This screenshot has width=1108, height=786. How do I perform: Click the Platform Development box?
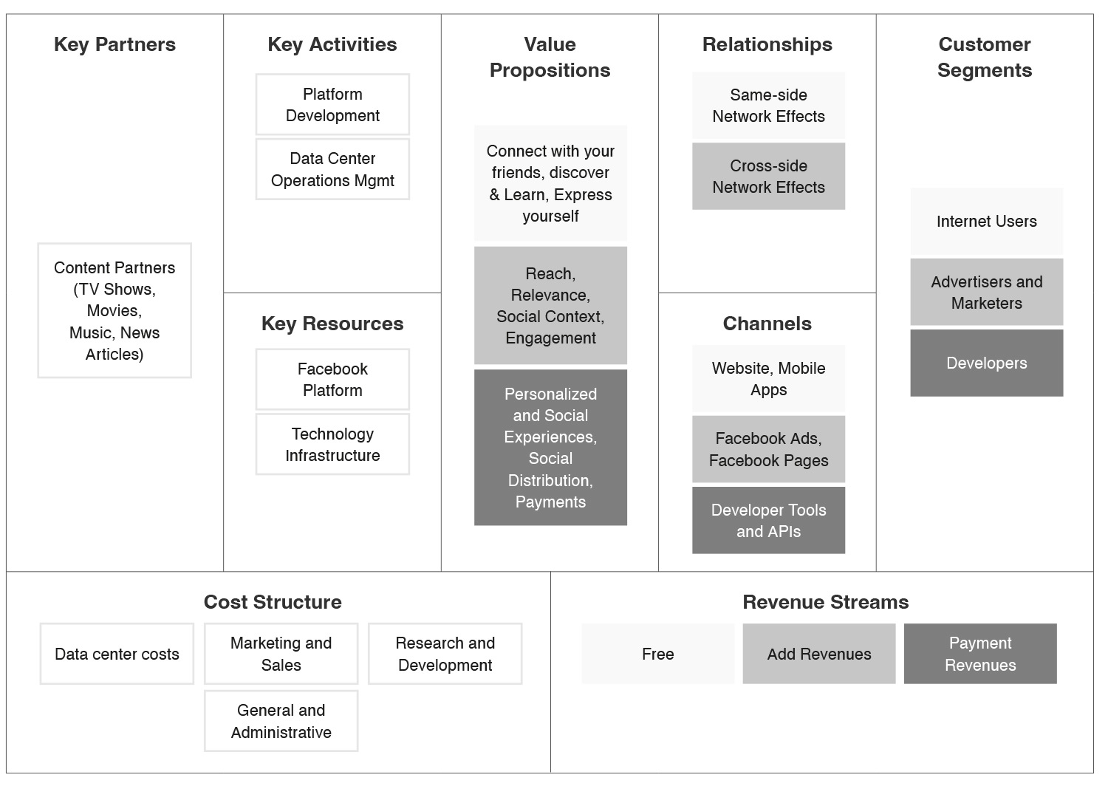coord(332,104)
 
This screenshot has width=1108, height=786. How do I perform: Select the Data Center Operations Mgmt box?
coord(332,169)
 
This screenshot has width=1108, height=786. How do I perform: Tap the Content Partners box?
coord(114,311)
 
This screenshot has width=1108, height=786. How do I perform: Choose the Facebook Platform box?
coord(332,380)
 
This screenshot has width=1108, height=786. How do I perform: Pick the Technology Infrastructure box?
coord(332,444)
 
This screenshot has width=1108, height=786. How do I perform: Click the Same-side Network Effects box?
coord(768,106)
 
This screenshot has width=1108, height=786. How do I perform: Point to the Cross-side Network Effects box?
coord(768,176)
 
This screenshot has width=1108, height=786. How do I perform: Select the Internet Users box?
coord(986,221)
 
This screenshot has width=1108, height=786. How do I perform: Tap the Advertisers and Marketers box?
coord(986,292)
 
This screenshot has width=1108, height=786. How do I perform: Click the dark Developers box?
coord(986,363)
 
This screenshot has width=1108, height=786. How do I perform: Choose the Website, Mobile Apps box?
coord(768,378)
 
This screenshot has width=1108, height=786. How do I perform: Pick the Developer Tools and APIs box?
coord(768,520)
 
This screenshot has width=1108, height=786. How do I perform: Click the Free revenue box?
coord(658,654)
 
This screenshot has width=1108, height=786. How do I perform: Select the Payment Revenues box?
coord(980,654)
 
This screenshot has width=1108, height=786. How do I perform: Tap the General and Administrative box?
coord(281,721)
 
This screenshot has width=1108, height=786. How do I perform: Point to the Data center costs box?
coord(117,654)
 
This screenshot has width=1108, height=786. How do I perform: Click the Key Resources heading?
coord(332,324)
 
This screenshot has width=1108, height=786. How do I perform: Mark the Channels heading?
coord(767,324)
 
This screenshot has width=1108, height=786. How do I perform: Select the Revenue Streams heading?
coord(826,602)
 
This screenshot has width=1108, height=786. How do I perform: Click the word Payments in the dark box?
coord(550,502)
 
